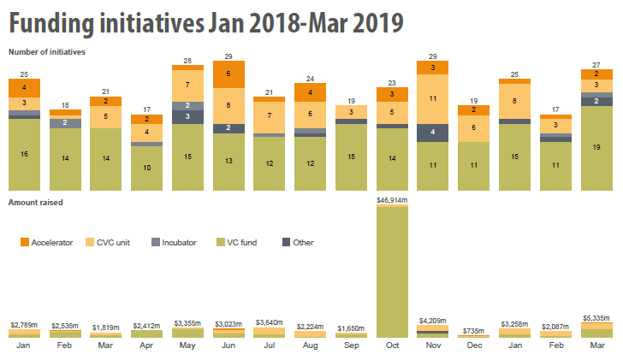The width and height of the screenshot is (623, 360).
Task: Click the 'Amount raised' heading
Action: pos(35,203)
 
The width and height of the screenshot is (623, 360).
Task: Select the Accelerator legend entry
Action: pos(48,243)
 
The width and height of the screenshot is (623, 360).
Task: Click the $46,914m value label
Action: pos(392,200)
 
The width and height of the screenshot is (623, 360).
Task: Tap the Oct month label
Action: pos(392,345)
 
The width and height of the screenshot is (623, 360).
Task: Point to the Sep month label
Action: pos(351,345)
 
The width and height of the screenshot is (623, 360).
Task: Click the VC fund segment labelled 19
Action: pos(596,148)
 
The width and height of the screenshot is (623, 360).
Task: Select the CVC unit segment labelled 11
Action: pos(433,99)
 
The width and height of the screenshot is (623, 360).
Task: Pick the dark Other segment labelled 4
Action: pos(433,133)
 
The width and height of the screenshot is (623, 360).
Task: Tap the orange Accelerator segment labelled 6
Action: pos(228,74)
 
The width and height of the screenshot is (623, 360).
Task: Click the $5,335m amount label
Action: pos(596,316)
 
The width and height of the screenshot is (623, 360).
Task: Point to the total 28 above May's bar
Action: pos(187,61)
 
